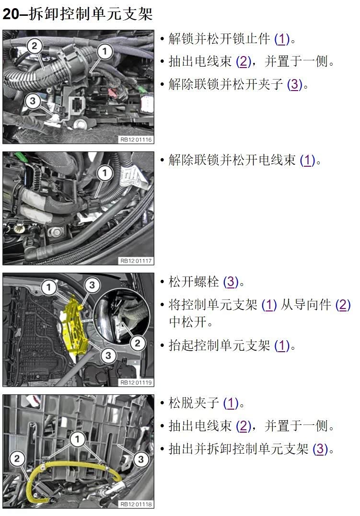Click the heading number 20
tap(11, 14)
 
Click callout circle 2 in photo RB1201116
tap(34, 46)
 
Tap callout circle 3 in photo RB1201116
tap(32, 101)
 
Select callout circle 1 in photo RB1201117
tap(105, 173)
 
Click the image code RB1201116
tap(136, 139)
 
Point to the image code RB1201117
tap(136, 261)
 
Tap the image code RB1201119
tap(136, 382)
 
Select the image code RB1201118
tap(136, 504)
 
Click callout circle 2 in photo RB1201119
tap(138, 344)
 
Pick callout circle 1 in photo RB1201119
tap(48, 287)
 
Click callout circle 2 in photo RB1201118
tap(17, 459)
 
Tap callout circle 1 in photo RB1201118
tap(77, 439)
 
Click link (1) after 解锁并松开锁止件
tap(282, 39)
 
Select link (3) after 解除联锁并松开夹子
tap(295, 85)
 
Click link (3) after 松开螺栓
tap(231, 282)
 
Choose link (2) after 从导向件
tap(343, 305)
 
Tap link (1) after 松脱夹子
tap(231, 403)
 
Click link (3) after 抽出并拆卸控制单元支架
tap(320, 449)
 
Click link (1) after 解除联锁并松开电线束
tap(308, 161)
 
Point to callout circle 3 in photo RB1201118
tap(140, 459)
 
